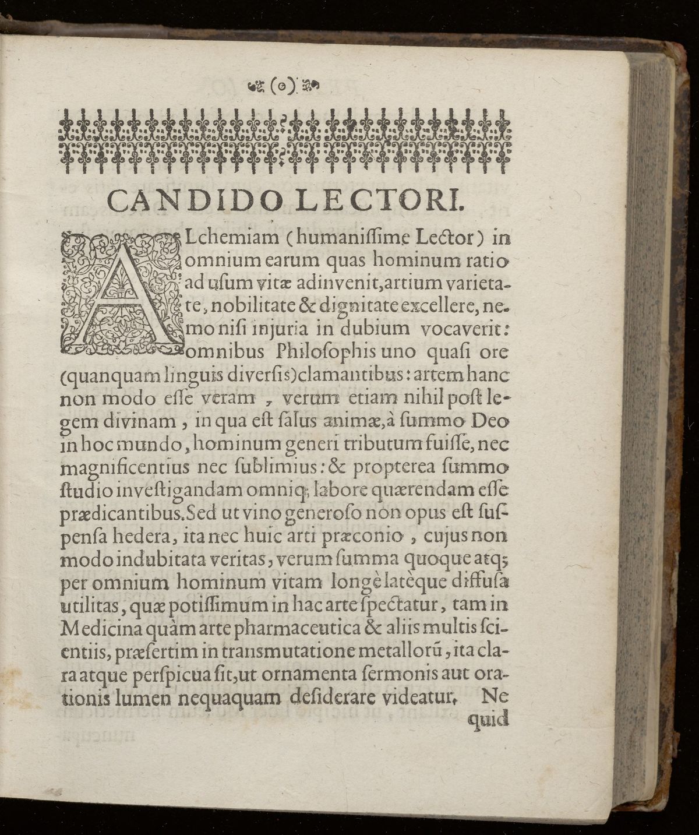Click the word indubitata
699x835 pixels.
click(x=143, y=560)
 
